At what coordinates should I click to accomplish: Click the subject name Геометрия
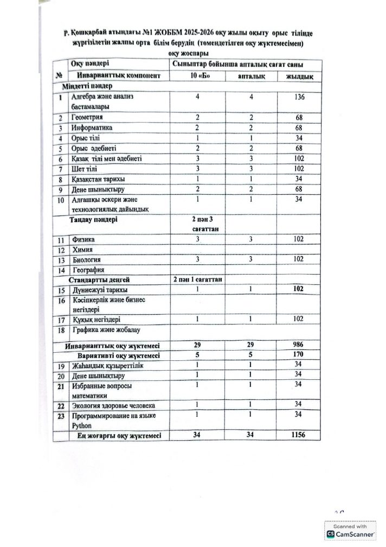pyautogui.click(x=88, y=117)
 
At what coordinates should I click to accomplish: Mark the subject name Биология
pyautogui.click(x=88, y=259)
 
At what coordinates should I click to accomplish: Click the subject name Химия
pyautogui.click(x=84, y=250)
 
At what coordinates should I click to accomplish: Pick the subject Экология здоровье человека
pyautogui.click(x=114, y=405)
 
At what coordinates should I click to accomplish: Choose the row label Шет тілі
pyautogui.click(x=86, y=168)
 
